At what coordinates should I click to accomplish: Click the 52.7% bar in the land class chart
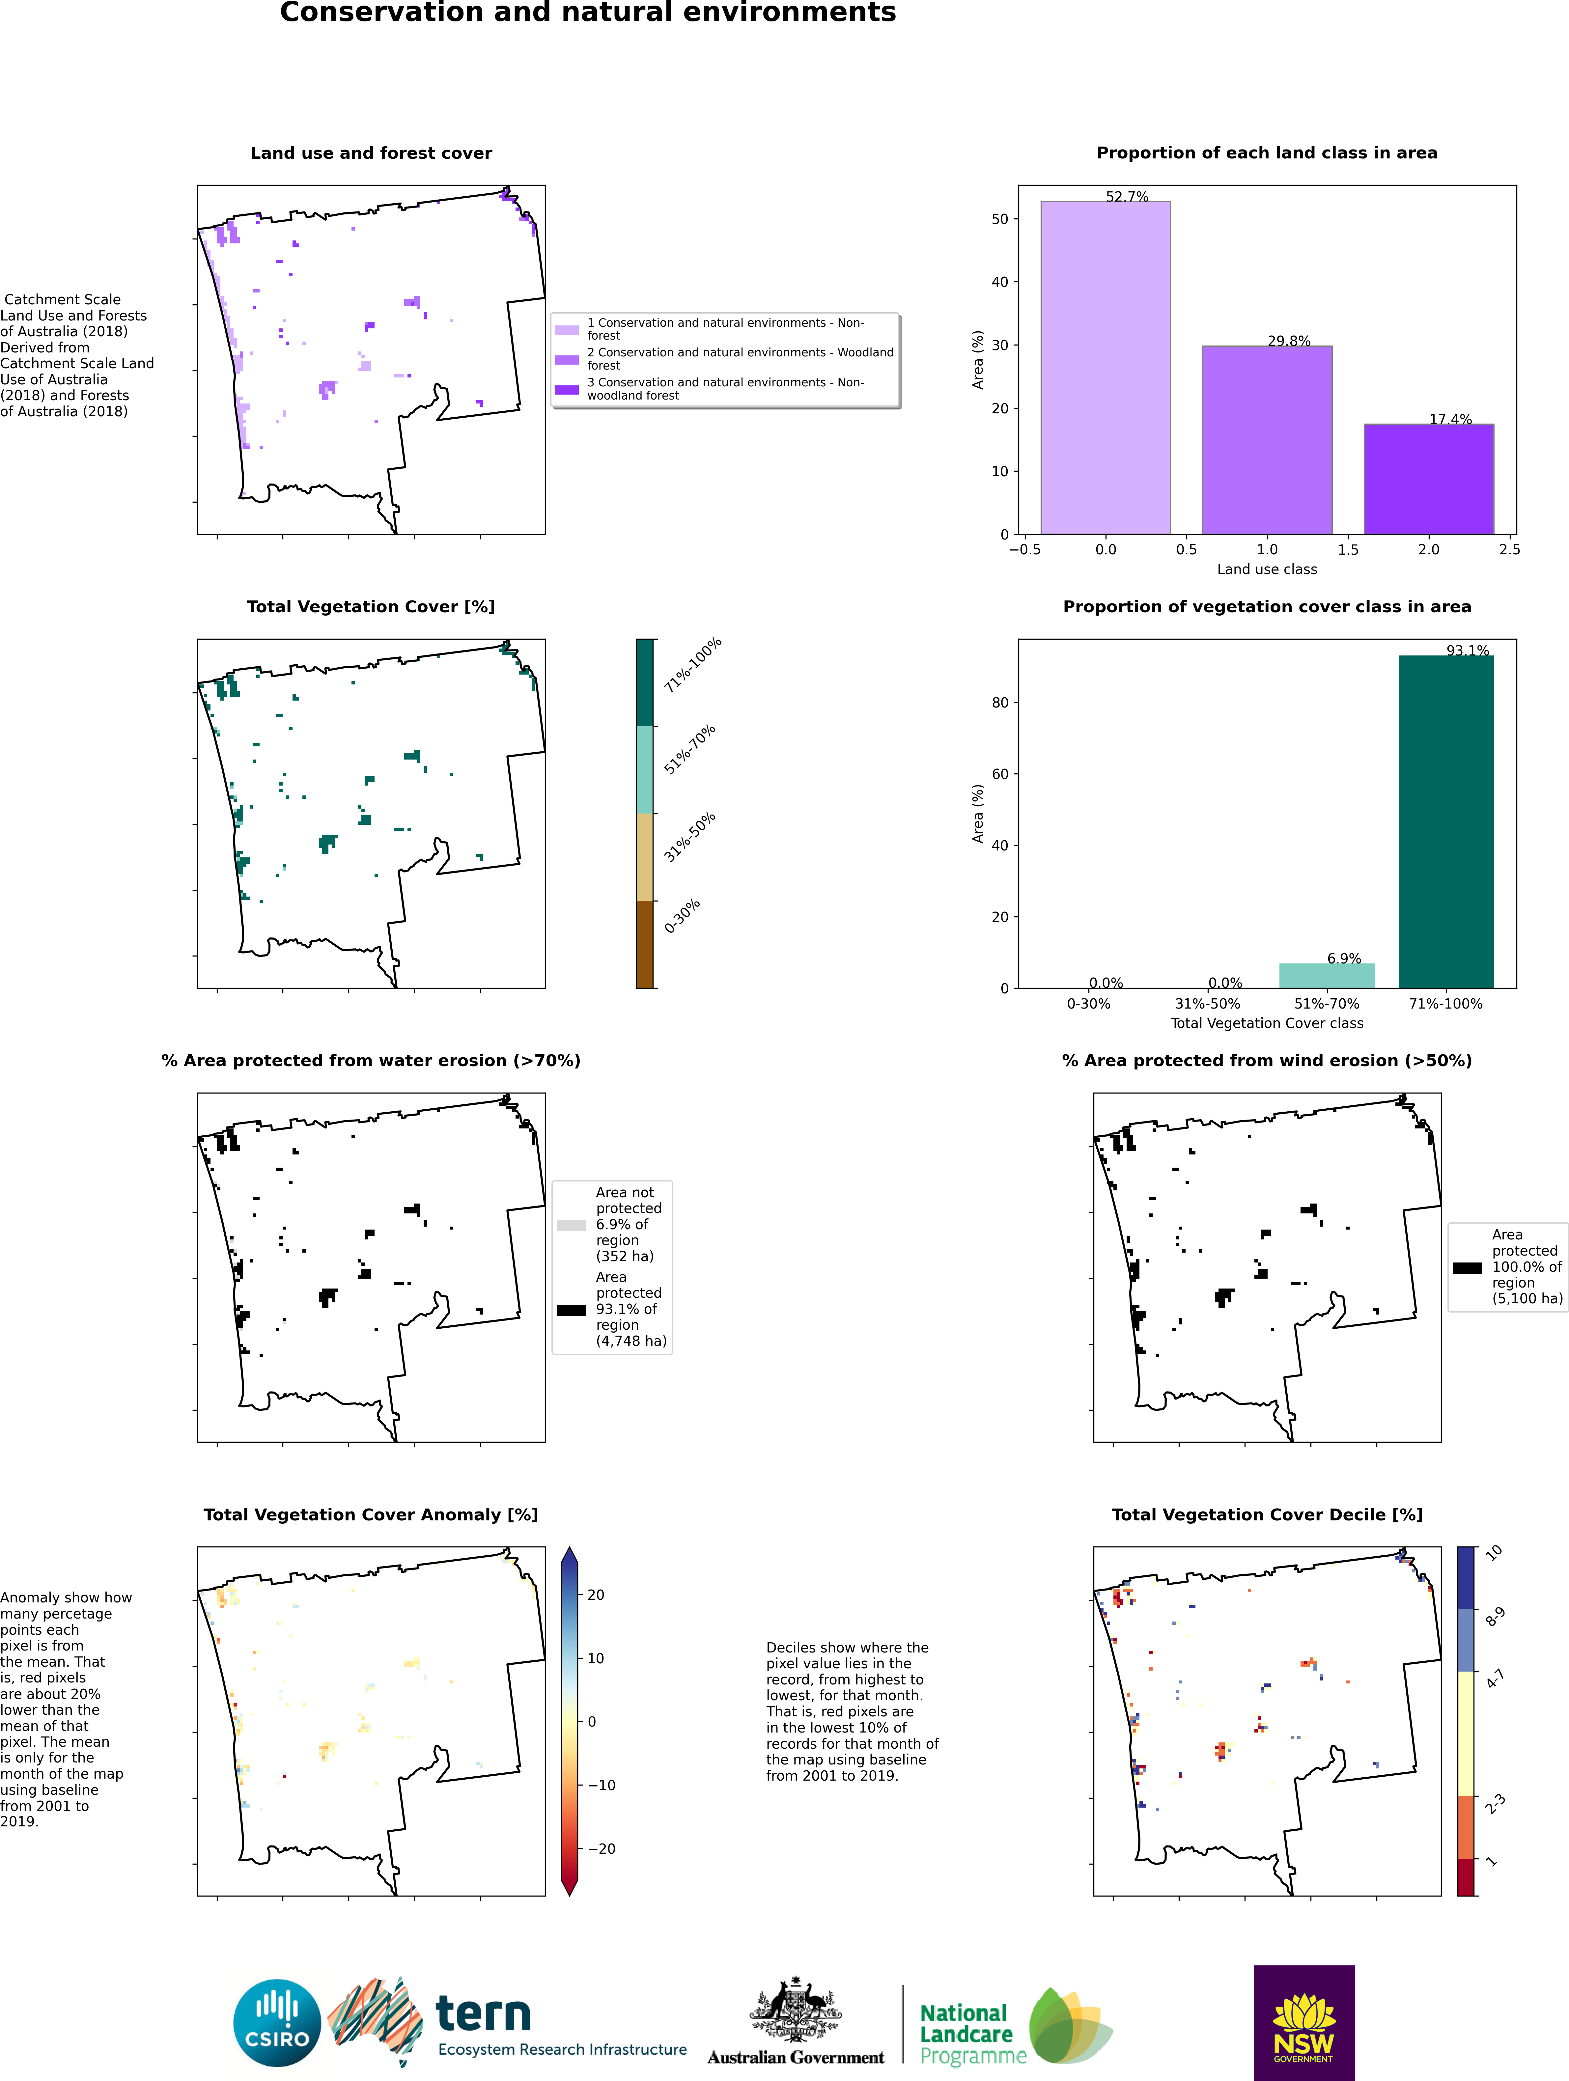coord(1105,367)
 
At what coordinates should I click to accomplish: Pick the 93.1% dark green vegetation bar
coord(1446,821)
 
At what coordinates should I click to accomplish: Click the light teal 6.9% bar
coord(1326,976)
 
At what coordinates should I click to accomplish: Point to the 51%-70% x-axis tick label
coord(1326,1004)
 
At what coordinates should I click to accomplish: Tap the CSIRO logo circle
coord(277,2023)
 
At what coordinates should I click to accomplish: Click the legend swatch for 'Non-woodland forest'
coord(566,389)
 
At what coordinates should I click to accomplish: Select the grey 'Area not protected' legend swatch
coord(571,1226)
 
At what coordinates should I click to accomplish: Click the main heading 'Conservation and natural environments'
coord(588,13)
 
